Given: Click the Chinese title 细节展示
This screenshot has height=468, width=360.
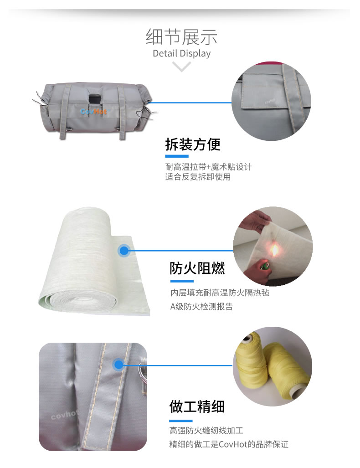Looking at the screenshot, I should [x=181, y=36].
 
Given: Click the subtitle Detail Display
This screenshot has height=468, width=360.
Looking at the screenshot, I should [x=181, y=53].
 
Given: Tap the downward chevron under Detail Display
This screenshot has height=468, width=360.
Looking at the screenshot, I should [x=182, y=67].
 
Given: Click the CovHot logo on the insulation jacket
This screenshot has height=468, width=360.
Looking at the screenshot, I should [x=93, y=111].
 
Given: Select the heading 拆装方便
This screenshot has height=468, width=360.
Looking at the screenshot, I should [x=193, y=144].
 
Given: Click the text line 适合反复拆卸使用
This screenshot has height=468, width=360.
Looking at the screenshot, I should [x=198, y=177].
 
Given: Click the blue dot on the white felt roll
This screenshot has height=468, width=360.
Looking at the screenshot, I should [x=123, y=250].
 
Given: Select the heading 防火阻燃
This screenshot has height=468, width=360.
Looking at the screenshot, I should [x=197, y=268].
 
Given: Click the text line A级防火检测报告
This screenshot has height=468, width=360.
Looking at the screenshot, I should [x=201, y=307].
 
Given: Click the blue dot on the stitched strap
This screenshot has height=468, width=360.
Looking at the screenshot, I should [x=119, y=365].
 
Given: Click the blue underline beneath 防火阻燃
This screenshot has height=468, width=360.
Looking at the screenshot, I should [x=182, y=281].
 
